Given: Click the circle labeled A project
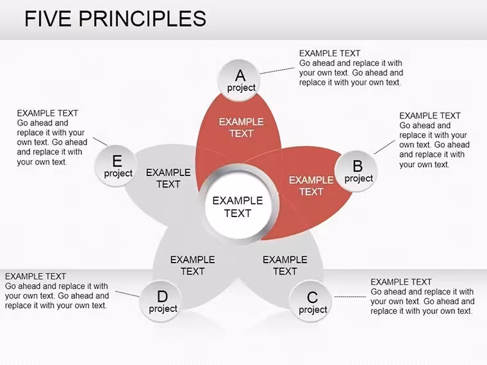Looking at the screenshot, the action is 239,81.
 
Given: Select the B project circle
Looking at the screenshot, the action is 356,171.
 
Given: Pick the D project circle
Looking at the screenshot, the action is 161,301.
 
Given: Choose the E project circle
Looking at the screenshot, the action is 116,166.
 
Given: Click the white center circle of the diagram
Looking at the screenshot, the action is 238,204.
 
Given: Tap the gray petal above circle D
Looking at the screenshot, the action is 193,267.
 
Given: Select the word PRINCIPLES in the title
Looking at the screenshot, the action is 142,19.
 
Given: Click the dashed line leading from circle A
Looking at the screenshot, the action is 277,71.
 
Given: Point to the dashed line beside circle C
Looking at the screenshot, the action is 350,296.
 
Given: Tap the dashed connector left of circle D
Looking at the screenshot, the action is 128,294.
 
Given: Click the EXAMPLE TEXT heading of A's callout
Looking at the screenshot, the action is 329,53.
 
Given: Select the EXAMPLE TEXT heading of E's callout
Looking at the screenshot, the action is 47,113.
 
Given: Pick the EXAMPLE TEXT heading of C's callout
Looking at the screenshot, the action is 401,282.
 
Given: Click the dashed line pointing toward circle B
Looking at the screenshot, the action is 384,147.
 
